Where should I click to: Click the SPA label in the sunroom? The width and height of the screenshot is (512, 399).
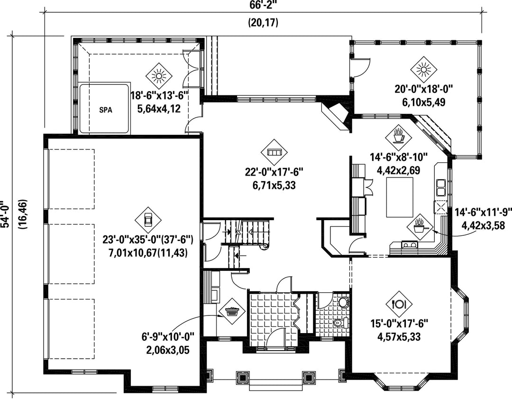coord(105,110)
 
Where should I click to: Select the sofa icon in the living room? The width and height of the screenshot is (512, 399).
coord(274,152)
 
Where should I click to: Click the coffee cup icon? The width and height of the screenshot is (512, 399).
coord(398,137)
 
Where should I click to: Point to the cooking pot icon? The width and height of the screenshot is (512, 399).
coord(420,226)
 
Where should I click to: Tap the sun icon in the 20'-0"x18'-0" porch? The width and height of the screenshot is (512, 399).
coord(424,70)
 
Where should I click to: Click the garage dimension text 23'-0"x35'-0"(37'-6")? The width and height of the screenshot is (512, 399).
coord(148,240)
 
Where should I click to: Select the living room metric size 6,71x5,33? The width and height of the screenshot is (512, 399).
coord(274,186)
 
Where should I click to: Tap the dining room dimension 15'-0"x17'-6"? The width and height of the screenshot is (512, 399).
coord(399,324)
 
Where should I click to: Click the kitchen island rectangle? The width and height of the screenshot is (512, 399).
coord(399,197)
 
